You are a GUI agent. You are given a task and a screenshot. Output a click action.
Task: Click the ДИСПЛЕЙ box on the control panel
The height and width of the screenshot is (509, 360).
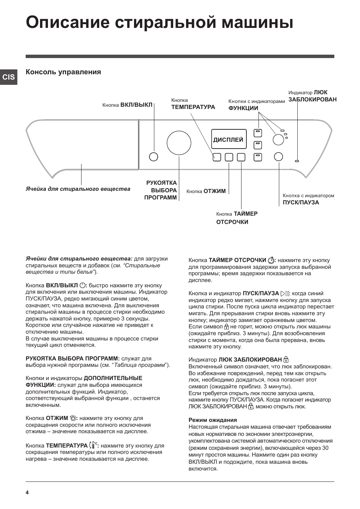pos(228,140)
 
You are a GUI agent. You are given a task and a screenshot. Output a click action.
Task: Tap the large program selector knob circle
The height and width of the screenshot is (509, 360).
pos(179,143)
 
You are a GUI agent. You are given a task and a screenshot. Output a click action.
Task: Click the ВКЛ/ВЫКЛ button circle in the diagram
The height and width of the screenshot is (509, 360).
pos(154,157)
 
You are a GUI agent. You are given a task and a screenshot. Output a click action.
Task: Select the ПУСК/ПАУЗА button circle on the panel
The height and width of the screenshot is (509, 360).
pos(278,157)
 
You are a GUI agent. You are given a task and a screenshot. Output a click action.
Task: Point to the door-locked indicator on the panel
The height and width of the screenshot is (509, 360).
pos(297,161)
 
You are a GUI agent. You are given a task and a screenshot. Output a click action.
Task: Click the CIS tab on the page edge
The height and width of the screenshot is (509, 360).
pos(8,77)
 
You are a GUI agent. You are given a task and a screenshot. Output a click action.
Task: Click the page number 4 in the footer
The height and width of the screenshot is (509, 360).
pos(27,492)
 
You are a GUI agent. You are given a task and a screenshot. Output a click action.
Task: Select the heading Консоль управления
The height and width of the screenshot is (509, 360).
pos(63,72)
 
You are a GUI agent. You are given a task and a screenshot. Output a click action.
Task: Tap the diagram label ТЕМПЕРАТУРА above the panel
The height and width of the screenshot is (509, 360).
pos(193,107)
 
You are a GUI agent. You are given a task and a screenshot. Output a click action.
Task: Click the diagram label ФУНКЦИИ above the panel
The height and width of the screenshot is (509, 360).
pos(243,108)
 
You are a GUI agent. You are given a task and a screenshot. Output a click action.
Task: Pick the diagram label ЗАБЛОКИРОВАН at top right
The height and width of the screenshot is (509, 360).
pos(312,100)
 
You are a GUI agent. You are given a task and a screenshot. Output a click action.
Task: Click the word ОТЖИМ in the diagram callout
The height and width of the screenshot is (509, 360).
pos(215,191)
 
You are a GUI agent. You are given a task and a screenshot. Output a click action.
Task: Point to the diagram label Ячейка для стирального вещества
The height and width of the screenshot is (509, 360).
pos(78,189)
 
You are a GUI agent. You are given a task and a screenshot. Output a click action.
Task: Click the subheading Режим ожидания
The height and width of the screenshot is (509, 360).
pos(213,420)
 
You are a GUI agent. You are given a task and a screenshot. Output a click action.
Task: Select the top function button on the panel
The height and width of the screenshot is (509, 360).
pos(258,132)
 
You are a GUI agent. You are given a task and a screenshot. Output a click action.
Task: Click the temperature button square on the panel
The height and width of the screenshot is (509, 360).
pos(216,157)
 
